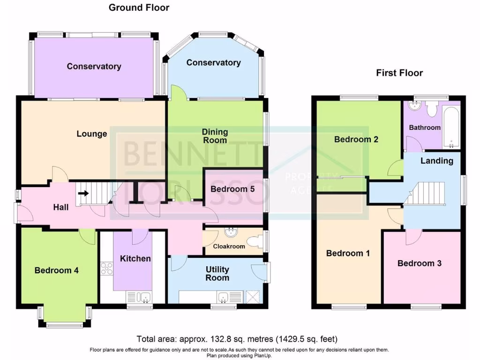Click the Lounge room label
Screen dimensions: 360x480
tap(92, 134)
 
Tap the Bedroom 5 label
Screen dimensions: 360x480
tap(232, 189)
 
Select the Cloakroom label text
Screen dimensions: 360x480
tap(229, 247)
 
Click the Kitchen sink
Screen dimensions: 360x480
tap(139, 297)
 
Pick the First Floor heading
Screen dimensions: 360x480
tap(399, 73)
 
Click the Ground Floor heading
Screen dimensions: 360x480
tap(139, 7)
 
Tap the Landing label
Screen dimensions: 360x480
tap(436, 161)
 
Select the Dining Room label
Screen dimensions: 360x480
tap(215, 136)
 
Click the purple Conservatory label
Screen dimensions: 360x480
tap(94, 67)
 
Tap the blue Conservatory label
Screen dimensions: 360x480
tap(213, 63)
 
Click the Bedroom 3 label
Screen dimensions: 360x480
tap(419, 263)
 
